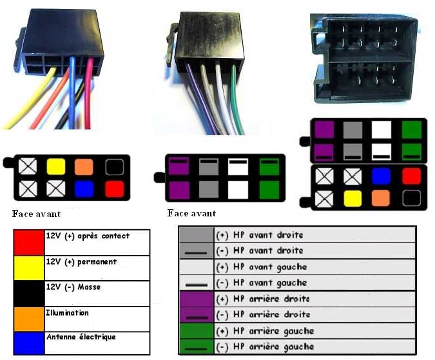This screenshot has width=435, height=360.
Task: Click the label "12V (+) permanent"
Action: [81, 262]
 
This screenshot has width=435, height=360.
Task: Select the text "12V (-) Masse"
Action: [73, 287]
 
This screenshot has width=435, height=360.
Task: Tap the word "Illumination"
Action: [68, 312]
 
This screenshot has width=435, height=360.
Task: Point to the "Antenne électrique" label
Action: [81, 337]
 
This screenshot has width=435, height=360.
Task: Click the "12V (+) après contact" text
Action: [88, 236]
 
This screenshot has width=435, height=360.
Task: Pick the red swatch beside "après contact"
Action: [28, 243]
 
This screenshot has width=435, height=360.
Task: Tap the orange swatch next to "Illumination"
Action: [28, 318]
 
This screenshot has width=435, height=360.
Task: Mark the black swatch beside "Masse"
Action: [28, 293]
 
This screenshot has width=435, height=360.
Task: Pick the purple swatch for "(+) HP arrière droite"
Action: [195, 299]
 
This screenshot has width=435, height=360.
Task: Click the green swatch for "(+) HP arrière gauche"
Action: [195, 331]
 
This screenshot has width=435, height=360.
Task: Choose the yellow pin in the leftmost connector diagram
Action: [56, 167]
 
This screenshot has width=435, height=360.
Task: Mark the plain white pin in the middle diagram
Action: [238, 189]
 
